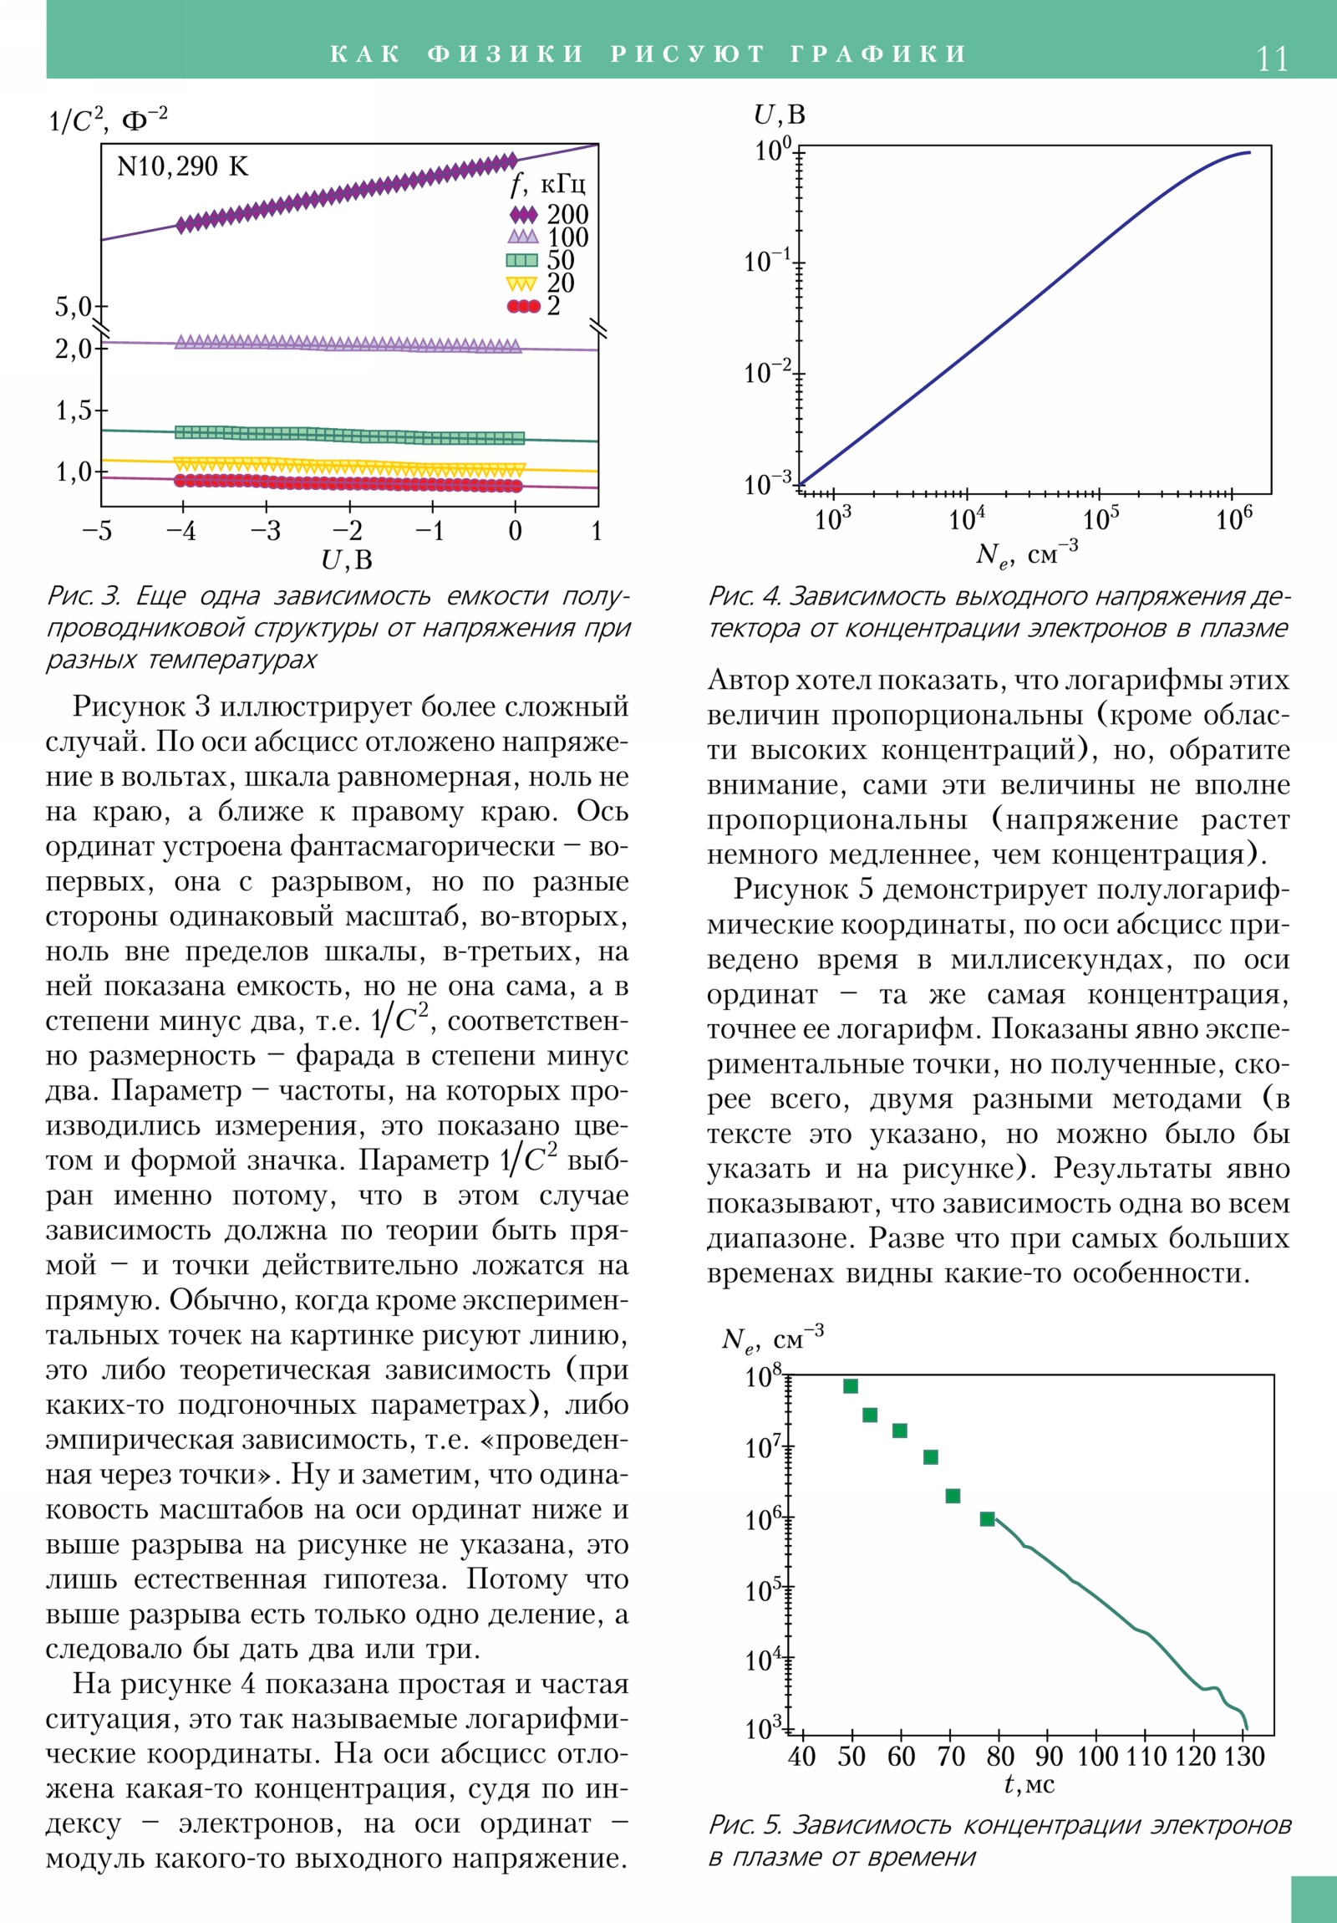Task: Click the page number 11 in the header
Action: [1271, 59]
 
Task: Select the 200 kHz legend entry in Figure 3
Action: [548, 214]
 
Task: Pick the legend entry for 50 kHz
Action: [541, 261]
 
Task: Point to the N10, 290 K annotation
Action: [182, 166]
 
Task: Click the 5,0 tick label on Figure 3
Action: [74, 307]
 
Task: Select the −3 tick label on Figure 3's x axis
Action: [266, 531]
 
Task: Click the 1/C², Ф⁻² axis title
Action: [108, 120]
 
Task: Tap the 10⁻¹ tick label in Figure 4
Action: [767, 262]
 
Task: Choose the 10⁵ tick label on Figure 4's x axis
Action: [1100, 519]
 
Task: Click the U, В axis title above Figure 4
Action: [779, 115]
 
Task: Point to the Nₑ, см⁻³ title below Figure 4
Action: [1026, 553]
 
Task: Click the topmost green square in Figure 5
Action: [851, 1386]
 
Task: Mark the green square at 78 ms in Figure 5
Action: [987, 1518]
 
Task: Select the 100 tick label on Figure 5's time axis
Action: [1097, 1757]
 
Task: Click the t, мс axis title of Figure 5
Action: [1029, 1784]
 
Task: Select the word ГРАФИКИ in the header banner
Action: [878, 54]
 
